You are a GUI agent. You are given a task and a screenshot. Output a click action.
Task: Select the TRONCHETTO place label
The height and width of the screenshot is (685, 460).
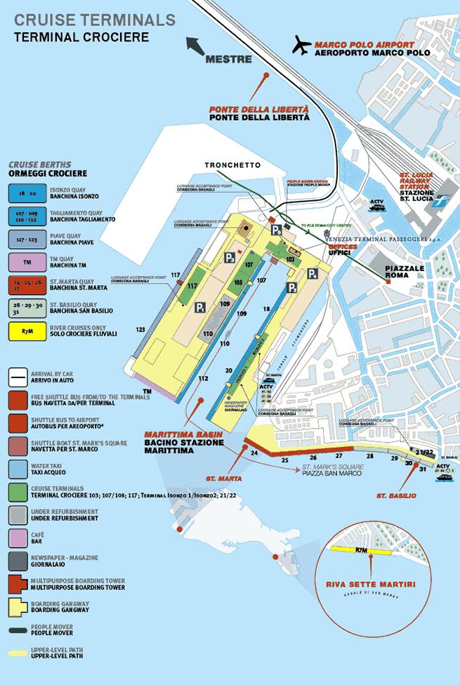232,165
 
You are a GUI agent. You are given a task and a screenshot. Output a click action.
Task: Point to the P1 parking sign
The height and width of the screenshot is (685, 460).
200,308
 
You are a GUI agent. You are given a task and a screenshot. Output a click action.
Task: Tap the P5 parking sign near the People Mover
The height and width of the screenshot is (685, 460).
277,230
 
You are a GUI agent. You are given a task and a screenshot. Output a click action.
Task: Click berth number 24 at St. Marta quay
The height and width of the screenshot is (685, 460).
254,453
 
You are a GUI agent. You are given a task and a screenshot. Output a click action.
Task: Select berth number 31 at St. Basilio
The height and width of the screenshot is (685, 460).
422,469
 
